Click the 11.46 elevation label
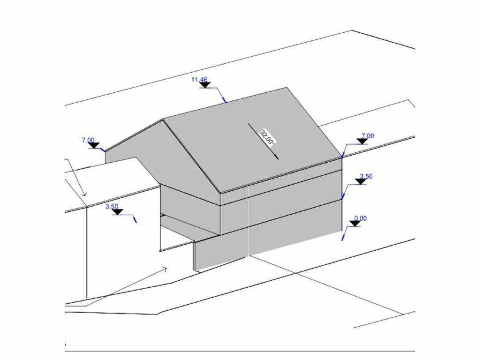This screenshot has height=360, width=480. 199,80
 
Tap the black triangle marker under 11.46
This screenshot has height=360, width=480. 205,85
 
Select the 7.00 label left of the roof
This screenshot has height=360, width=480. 88,140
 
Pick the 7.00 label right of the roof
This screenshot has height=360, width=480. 367,135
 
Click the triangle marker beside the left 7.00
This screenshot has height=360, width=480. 94,145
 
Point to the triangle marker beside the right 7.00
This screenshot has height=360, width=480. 362,141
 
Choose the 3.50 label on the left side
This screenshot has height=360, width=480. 112,206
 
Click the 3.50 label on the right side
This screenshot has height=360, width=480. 366,176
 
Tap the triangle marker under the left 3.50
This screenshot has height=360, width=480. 118,212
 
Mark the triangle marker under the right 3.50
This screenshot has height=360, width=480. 361,181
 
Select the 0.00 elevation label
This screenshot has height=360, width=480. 360,218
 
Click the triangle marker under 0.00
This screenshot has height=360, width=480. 355,224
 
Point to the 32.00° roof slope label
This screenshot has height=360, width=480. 268,137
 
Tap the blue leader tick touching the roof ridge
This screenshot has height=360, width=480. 224,99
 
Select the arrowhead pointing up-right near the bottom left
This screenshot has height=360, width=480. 164,269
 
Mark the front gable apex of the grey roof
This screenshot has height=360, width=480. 163,119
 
